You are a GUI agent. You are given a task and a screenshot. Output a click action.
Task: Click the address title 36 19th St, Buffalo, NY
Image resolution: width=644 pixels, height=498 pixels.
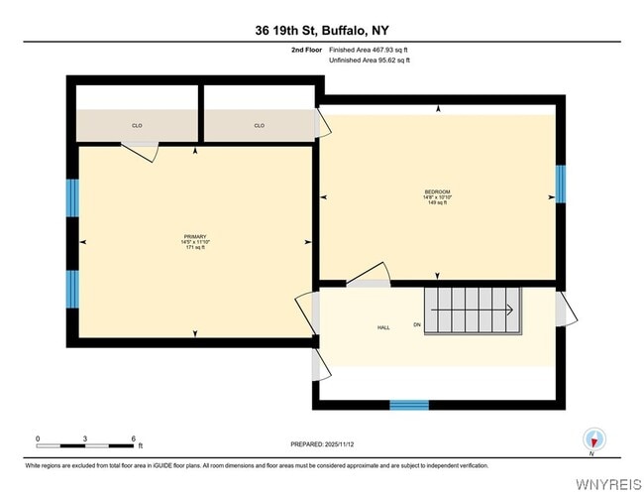click(323, 31)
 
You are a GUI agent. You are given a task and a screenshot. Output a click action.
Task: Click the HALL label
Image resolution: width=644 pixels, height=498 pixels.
click(383, 327)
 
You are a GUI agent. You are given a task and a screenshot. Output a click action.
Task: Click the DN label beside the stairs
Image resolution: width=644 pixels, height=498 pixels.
click(417, 325)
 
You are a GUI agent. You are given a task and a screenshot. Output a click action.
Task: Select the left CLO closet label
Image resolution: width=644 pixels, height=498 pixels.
click(137, 126)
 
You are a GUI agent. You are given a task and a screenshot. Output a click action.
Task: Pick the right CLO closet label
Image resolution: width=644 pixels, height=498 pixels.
click(259, 126)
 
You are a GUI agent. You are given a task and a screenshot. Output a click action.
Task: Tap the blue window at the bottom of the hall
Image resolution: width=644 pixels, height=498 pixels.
click(408, 405)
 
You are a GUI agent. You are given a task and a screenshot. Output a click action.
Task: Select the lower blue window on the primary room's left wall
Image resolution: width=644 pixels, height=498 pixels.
click(72, 289)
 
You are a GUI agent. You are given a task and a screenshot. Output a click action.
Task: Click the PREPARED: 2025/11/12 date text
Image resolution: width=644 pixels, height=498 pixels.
click(322, 444)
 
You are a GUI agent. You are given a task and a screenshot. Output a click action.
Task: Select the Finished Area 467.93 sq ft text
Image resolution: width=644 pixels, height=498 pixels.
click(370, 49)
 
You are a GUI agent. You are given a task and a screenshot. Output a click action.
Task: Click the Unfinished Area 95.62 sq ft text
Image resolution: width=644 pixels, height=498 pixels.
click(370, 61)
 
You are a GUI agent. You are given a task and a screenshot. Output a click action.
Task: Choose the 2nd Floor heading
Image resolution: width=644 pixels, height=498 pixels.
click(305, 49)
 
